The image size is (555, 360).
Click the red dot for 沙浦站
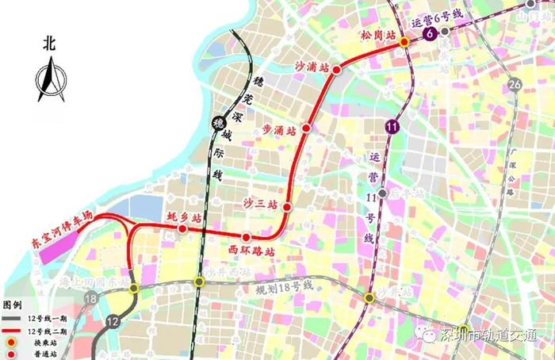coord(336,70)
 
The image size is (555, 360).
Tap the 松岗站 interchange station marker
coord(404,41)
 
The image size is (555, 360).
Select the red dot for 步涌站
coord(306,128)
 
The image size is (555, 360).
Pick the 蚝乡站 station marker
coord(182,229)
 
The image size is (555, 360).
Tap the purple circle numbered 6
coord(430,34)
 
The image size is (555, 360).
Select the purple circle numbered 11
coord(392,124)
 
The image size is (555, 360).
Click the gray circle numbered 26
coord(515,85)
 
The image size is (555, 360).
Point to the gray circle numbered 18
coord(93,298)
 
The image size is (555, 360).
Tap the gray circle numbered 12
coord(112,321)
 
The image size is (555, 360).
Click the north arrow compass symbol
coord(49,82)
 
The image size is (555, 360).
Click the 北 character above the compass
coord(49,46)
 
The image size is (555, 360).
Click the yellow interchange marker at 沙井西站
coord(199,281)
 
